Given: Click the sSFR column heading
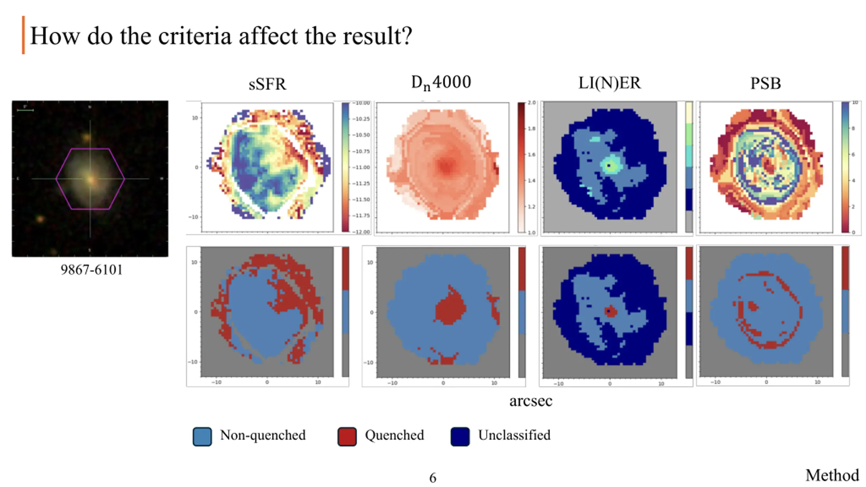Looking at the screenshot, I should pos(267,84).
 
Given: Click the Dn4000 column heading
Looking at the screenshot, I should pos(441,83).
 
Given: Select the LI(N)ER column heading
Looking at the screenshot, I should pos(609,83).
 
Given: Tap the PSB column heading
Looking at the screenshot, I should pos(766,84).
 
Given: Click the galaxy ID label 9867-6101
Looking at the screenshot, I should pos(91,270).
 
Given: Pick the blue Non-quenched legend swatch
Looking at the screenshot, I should pos(202,436).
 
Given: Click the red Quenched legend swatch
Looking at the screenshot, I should pos(347,436).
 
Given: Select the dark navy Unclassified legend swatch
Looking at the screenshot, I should pos(460,436).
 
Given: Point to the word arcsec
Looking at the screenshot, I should pos(531,401).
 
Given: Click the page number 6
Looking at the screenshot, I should pos(433,478).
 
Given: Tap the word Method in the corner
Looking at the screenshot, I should pos(832,475).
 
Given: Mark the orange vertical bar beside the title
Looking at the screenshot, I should pos(23,35).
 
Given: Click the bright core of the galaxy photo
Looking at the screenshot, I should pos(91,179).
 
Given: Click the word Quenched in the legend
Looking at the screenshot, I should pos(394,435).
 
